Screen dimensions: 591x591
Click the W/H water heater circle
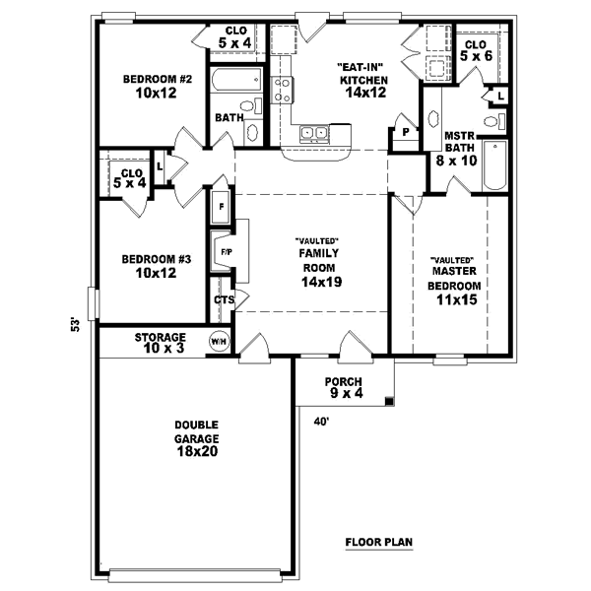(218, 342)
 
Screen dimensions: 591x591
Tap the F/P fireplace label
(226, 252)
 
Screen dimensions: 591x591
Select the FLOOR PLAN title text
(377, 542)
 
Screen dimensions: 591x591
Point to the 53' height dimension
(75, 325)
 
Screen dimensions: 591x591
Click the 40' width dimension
(320, 422)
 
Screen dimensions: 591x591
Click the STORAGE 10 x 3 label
(161, 343)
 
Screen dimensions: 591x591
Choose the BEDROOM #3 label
(149, 266)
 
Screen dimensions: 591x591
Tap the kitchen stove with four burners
(283, 91)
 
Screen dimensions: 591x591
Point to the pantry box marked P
(404, 131)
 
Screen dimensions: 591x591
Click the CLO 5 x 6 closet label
(475, 51)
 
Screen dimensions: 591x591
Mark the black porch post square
(391, 401)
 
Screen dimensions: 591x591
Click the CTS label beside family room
(224, 299)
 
